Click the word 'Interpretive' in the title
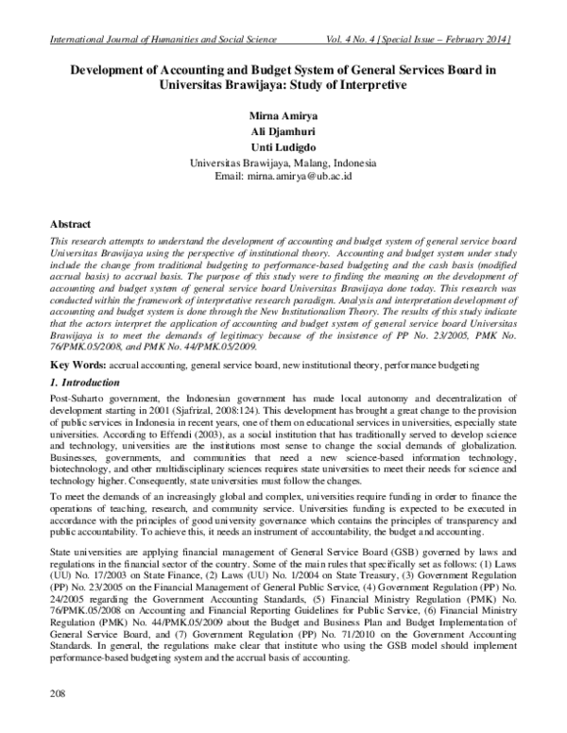point(365,86)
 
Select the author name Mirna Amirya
point(283,115)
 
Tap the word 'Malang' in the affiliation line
point(319,162)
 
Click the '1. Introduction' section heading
point(84,383)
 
